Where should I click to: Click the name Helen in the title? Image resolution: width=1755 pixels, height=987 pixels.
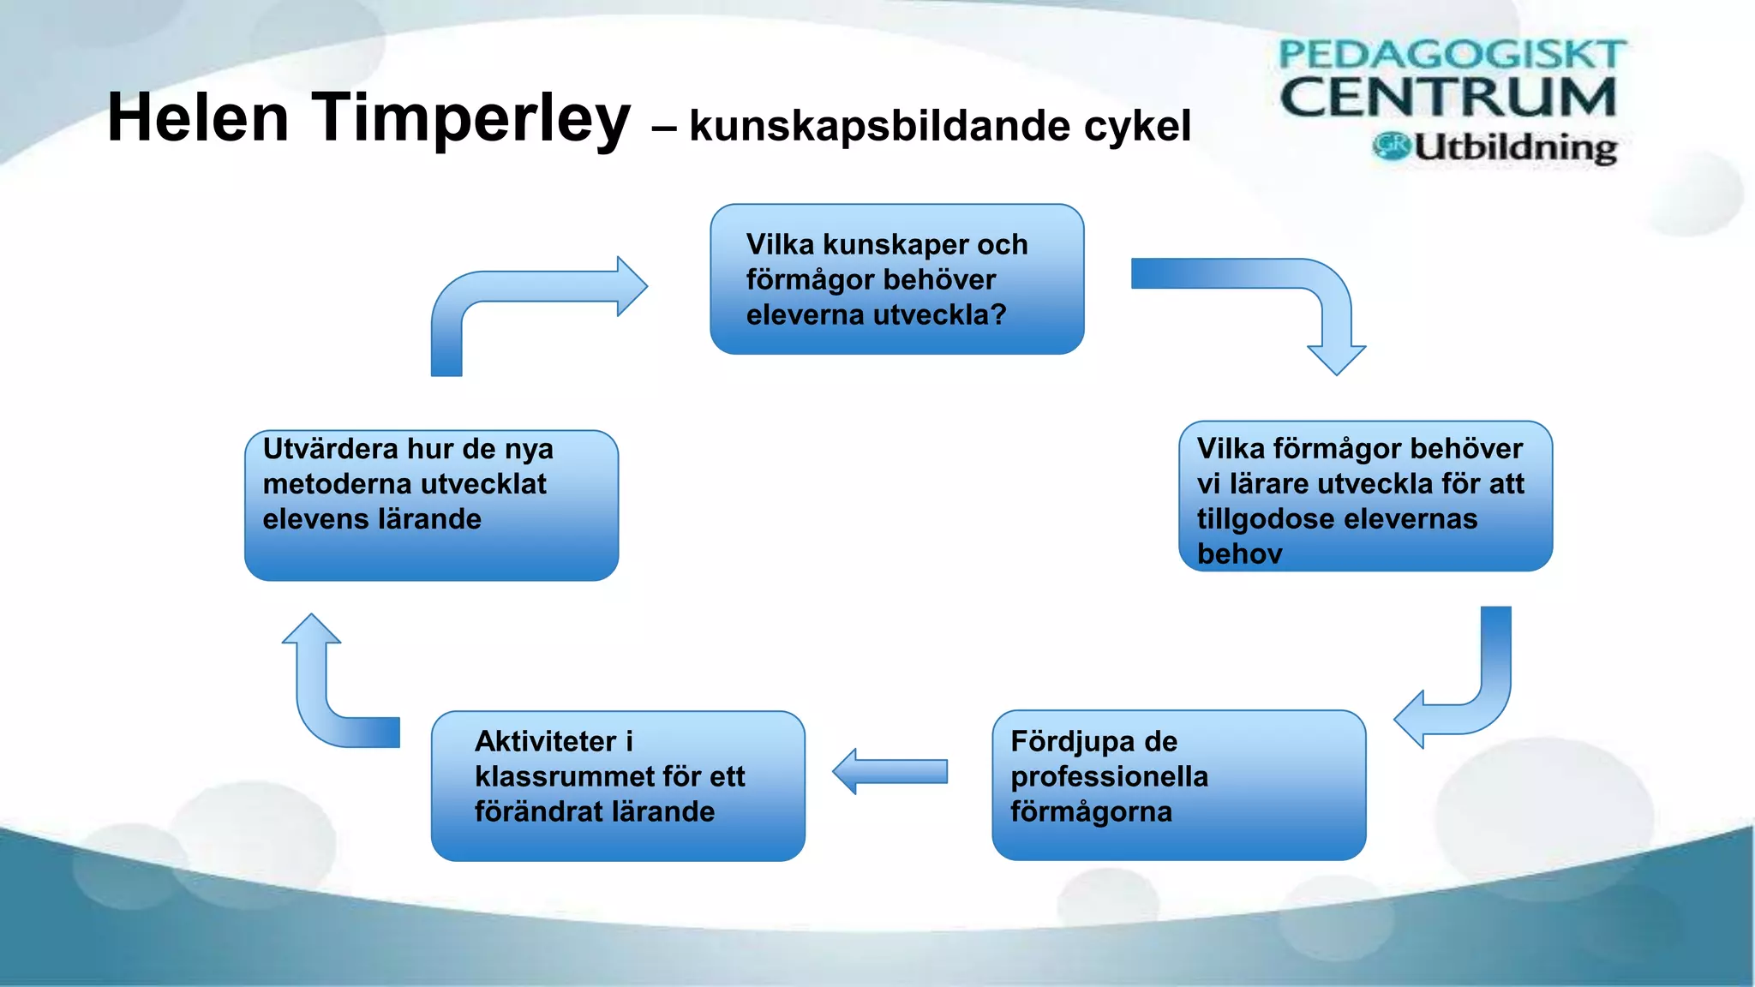[x=198, y=118]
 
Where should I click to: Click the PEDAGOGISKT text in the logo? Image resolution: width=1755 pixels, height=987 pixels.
[x=1450, y=55]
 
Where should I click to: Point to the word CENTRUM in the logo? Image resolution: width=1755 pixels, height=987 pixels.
[x=1448, y=97]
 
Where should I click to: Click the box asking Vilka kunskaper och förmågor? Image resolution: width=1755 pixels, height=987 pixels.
[x=896, y=279]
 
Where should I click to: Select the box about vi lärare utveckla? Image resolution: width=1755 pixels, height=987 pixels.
[x=1365, y=496]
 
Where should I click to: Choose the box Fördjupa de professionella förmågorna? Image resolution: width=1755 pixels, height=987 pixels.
[x=1178, y=785]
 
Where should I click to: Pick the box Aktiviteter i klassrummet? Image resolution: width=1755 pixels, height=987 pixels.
[x=618, y=786]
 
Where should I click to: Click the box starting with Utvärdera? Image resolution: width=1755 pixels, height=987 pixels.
[x=431, y=505]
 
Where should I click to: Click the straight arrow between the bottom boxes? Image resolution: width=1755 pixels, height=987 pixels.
[x=891, y=771]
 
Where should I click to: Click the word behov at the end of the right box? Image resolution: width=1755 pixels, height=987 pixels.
[x=1239, y=554]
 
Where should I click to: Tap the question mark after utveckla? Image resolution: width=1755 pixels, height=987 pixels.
[x=998, y=315]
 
